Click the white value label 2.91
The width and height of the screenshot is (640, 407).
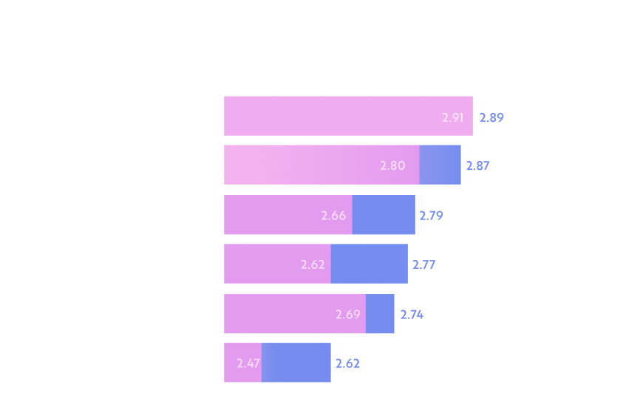[452, 118]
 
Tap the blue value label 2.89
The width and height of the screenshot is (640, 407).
[491, 118]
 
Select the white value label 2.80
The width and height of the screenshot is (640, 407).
[392, 165]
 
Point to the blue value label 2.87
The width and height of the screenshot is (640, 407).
[478, 165]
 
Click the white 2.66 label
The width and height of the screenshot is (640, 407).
[333, 216]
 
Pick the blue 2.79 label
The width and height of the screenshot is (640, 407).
[432, 216]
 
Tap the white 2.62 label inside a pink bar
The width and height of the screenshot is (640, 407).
[313, 264]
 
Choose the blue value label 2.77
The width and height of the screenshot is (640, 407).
[424, 264]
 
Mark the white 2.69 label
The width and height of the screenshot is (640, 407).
[348, 315]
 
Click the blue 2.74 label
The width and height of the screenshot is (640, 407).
[412, 315]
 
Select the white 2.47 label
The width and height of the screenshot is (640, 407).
[248, 363]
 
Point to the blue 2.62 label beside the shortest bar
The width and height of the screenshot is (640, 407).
[348, 363]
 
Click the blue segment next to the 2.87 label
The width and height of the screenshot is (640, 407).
[440, 165]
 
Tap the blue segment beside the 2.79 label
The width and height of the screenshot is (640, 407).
[384, 214]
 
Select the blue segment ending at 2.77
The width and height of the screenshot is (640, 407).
[370, 264]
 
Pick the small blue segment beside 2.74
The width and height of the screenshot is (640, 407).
[380, 314]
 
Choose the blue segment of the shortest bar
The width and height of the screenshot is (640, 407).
[296, 363]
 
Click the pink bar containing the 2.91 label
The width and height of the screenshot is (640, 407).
[349, 116]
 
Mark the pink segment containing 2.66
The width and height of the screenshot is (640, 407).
[288, 214]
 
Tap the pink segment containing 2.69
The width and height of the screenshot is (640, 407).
[295, 314]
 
